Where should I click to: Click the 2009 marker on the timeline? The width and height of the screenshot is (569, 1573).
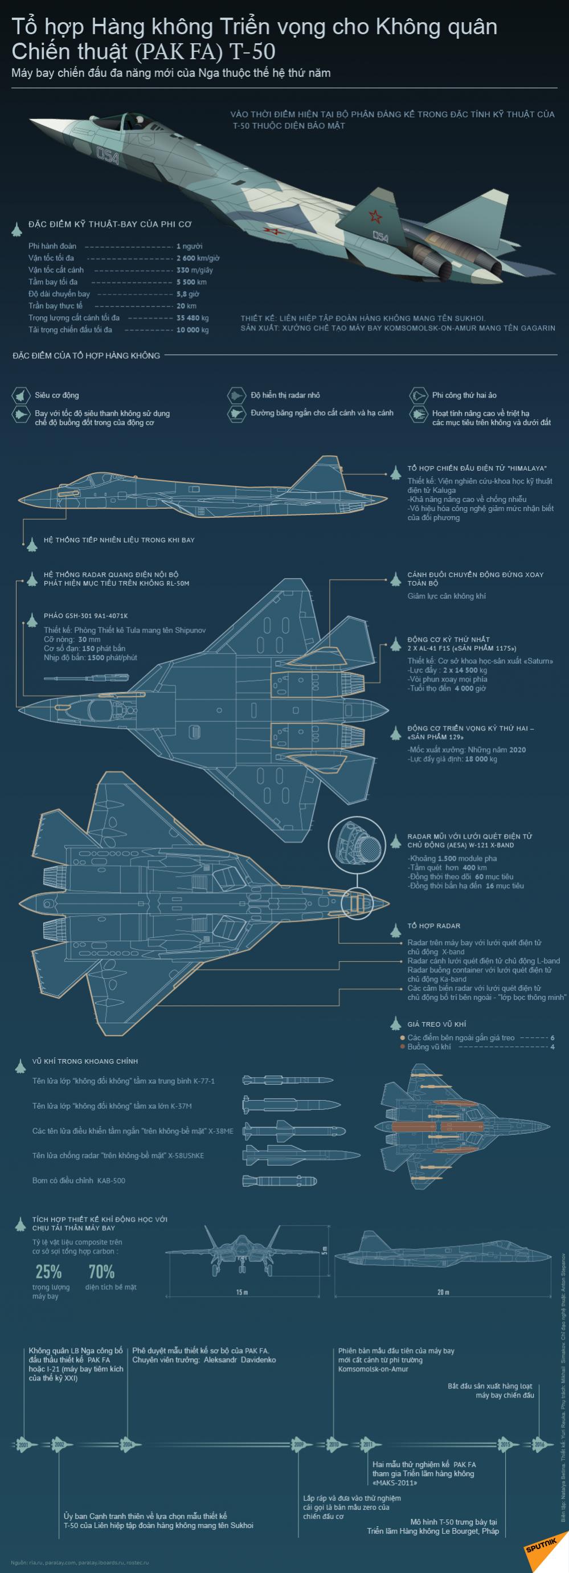click(298, 1445)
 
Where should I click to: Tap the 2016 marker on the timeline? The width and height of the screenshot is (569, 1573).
click(539, 1445)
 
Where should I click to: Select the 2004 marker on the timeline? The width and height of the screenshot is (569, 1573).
click(127, 1445)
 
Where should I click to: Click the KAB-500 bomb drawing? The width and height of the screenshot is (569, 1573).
click(279, 1180)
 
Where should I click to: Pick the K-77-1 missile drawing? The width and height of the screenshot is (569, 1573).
click(287, 1080)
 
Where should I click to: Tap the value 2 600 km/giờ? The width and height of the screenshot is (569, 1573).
click(198, 258)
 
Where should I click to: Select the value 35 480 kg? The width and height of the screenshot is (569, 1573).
click(193, 318)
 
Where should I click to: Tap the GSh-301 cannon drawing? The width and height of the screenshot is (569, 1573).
click(85, 677)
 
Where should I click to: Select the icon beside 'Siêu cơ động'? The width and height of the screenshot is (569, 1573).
click(21, 395)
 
